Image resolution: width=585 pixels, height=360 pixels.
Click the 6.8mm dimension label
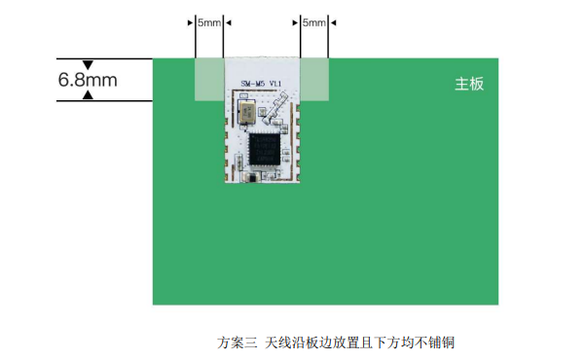click(x=88, y=79)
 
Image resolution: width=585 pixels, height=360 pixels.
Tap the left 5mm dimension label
click(x=207, y=21)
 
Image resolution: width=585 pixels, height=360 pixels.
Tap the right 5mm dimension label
click(x=312, y=21)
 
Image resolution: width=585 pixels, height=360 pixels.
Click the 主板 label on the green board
click(x=469, y=84)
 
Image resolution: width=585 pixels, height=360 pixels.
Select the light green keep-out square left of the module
click(x=209, y=79)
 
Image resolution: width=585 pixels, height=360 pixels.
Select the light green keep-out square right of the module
click(x=313, y=79)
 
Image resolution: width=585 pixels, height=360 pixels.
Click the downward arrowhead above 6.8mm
click(x=88, y=63)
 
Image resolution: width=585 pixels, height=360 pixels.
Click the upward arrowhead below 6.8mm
click(x=88, y=95)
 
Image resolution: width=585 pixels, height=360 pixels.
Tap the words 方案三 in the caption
click(x=238, y=342)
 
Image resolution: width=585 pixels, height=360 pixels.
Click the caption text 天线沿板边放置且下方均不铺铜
click(x=359, y=342)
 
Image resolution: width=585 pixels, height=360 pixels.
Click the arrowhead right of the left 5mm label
click(x=228, y=21)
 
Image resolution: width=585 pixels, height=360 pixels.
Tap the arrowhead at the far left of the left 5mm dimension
click(x=189, y=21)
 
